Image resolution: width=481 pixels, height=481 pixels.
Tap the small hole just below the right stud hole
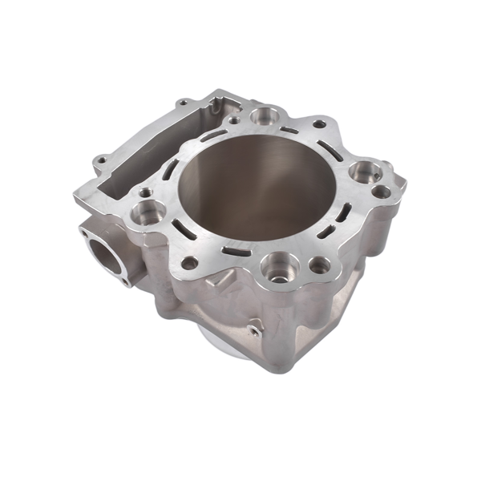(x=382, y=192)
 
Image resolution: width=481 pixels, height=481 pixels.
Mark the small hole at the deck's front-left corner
(x=190, y=262)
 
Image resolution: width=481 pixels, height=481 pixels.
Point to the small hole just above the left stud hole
(x=144, y=192)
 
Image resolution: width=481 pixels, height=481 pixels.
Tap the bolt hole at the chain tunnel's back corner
(x=184, y=103)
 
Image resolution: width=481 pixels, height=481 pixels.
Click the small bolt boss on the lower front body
(x=255, y=329)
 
